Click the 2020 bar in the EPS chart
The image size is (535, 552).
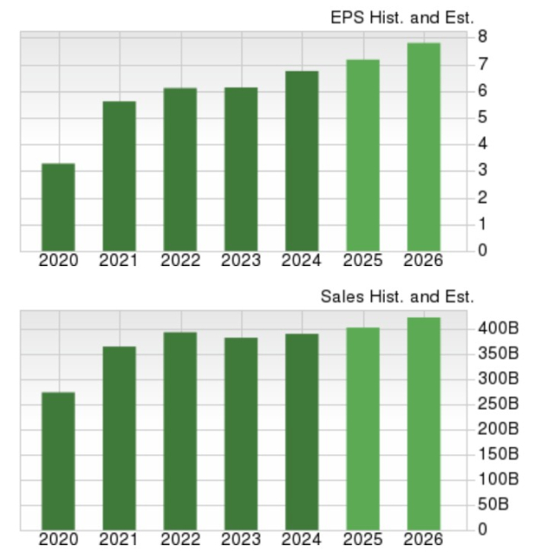coord(59,207)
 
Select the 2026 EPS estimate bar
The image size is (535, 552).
coord(424,147)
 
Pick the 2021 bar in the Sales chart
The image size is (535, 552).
coord(119,438)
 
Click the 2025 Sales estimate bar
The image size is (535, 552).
coord(362,428)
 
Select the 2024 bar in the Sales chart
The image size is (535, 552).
coord(302,432)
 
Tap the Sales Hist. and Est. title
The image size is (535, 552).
coord(398,296)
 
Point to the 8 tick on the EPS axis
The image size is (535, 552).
coord(482,37)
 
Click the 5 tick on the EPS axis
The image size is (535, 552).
coord(482,117)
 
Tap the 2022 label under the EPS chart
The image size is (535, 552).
coord(179,260)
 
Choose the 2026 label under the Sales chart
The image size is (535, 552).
coord(423,540)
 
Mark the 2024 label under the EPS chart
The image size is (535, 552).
coord(301,260)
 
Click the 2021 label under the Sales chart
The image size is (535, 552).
coord(119,540)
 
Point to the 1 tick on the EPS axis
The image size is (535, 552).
coord(482,225)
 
